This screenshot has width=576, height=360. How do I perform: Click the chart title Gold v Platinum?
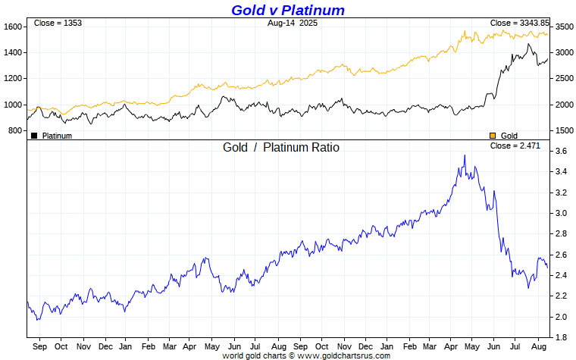click(x=288, y=10)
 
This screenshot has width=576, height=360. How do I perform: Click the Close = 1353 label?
click(x=58, y=23)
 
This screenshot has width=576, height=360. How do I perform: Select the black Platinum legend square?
click(x=34, y=136)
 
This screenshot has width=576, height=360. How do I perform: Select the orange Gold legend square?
click(x=493, y=136)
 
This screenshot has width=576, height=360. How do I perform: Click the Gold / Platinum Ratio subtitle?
click(x=281, y=147)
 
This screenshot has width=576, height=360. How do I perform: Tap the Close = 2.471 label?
click(x=515, y=146)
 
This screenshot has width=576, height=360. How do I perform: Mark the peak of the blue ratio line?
click(x=465, y=155)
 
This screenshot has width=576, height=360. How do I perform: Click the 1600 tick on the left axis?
click(x=14, y=27)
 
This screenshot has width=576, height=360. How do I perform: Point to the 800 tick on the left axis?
click(x=16, y=130)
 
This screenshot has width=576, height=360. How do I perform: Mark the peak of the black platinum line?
click(x=529, y=44)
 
